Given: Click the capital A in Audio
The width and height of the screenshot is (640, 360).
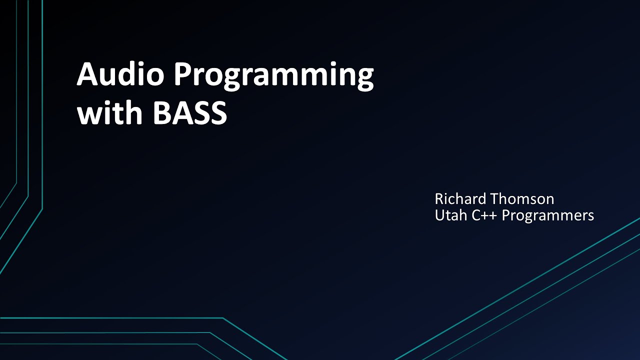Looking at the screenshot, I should pos(86,75).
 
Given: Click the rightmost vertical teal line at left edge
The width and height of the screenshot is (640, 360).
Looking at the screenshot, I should pos(42,100).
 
